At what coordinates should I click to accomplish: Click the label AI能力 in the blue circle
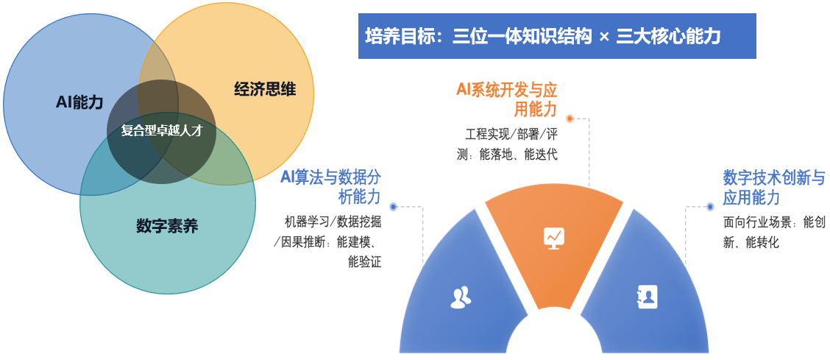point(79,102)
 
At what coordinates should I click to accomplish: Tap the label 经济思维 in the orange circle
point(265,89)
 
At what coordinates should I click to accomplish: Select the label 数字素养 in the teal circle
point(167,227)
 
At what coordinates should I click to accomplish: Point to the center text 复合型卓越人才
point(161,131)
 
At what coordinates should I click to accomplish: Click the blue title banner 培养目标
point(557,36)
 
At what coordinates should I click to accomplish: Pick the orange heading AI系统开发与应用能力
point(507,99)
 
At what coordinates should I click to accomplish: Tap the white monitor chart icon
point(554,238)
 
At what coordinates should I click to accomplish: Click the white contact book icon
point(647,297)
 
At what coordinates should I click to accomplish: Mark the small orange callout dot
point(570,119)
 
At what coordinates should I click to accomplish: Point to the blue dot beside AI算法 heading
point(393,206)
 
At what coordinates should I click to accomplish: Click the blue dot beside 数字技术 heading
point(710,206)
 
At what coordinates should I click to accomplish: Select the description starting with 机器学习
point(327,241)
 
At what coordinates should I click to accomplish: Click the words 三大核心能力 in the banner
point(669,37)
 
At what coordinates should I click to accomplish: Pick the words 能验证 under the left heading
point(365,261)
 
